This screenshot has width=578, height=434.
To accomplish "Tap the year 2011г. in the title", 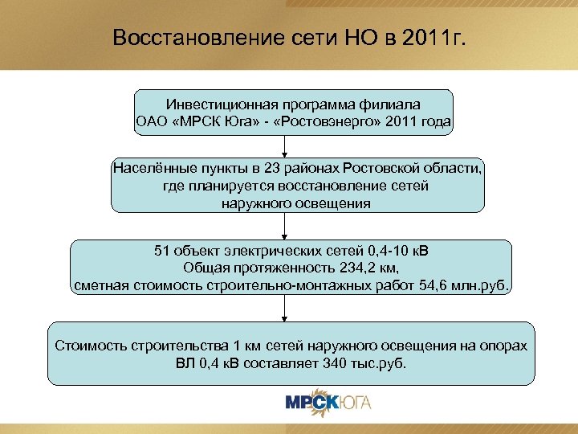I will click(429, 38).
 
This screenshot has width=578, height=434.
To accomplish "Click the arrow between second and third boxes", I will click(283, 226).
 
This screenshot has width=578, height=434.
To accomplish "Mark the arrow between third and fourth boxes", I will click(283, 309).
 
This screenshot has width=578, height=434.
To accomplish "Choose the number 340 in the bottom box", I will click(342, 362).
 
